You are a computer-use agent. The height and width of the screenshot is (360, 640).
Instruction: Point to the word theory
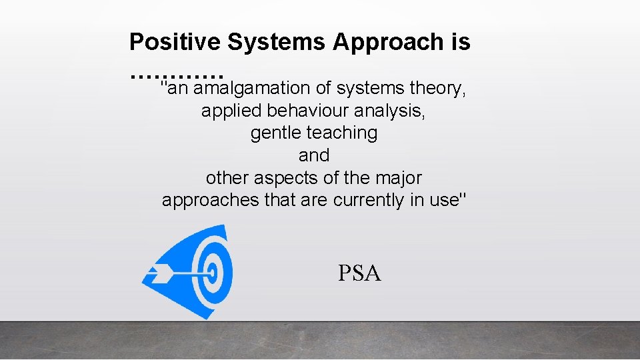[437, 88]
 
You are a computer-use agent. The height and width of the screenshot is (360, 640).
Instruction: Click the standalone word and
[314, 155]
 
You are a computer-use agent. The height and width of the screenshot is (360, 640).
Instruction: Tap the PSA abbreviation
[359, 273]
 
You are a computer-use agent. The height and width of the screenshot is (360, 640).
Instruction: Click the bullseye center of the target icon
[212, 272]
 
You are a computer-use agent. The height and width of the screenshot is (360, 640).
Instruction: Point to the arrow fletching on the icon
[159, 272]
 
